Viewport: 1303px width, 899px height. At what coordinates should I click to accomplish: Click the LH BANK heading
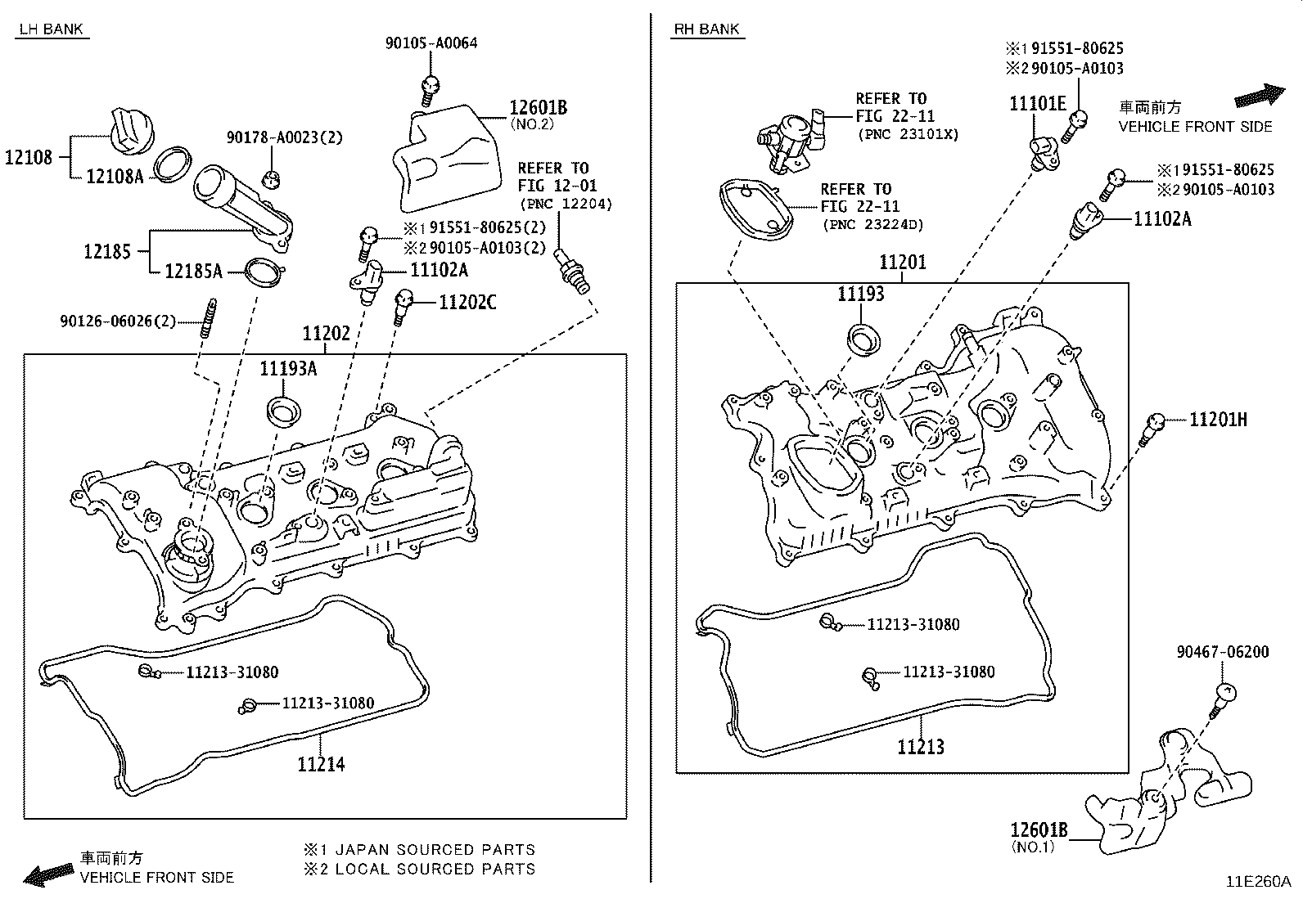tap(51, 29)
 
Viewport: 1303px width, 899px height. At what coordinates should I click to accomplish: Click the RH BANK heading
tap(706, 29)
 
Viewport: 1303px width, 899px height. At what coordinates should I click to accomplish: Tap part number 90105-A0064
tap(431, 43)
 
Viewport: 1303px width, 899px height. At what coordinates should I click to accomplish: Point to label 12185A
tap(193, 271)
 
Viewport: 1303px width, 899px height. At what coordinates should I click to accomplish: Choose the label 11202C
tap(467, 303)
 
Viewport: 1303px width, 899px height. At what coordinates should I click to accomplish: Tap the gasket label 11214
tap(321, 764)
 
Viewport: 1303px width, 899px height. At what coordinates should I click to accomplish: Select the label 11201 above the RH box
tap(903, 263)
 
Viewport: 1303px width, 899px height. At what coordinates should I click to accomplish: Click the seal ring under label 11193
tap(860, 339)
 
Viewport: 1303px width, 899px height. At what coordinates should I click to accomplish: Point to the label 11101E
tap(1038, 103)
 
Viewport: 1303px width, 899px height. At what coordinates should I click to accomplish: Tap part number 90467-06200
tap(1223, 652)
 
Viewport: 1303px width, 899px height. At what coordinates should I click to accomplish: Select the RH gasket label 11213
tap(921, 746)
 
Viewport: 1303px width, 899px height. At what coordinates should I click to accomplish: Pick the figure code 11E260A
tap(1258, 882)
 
